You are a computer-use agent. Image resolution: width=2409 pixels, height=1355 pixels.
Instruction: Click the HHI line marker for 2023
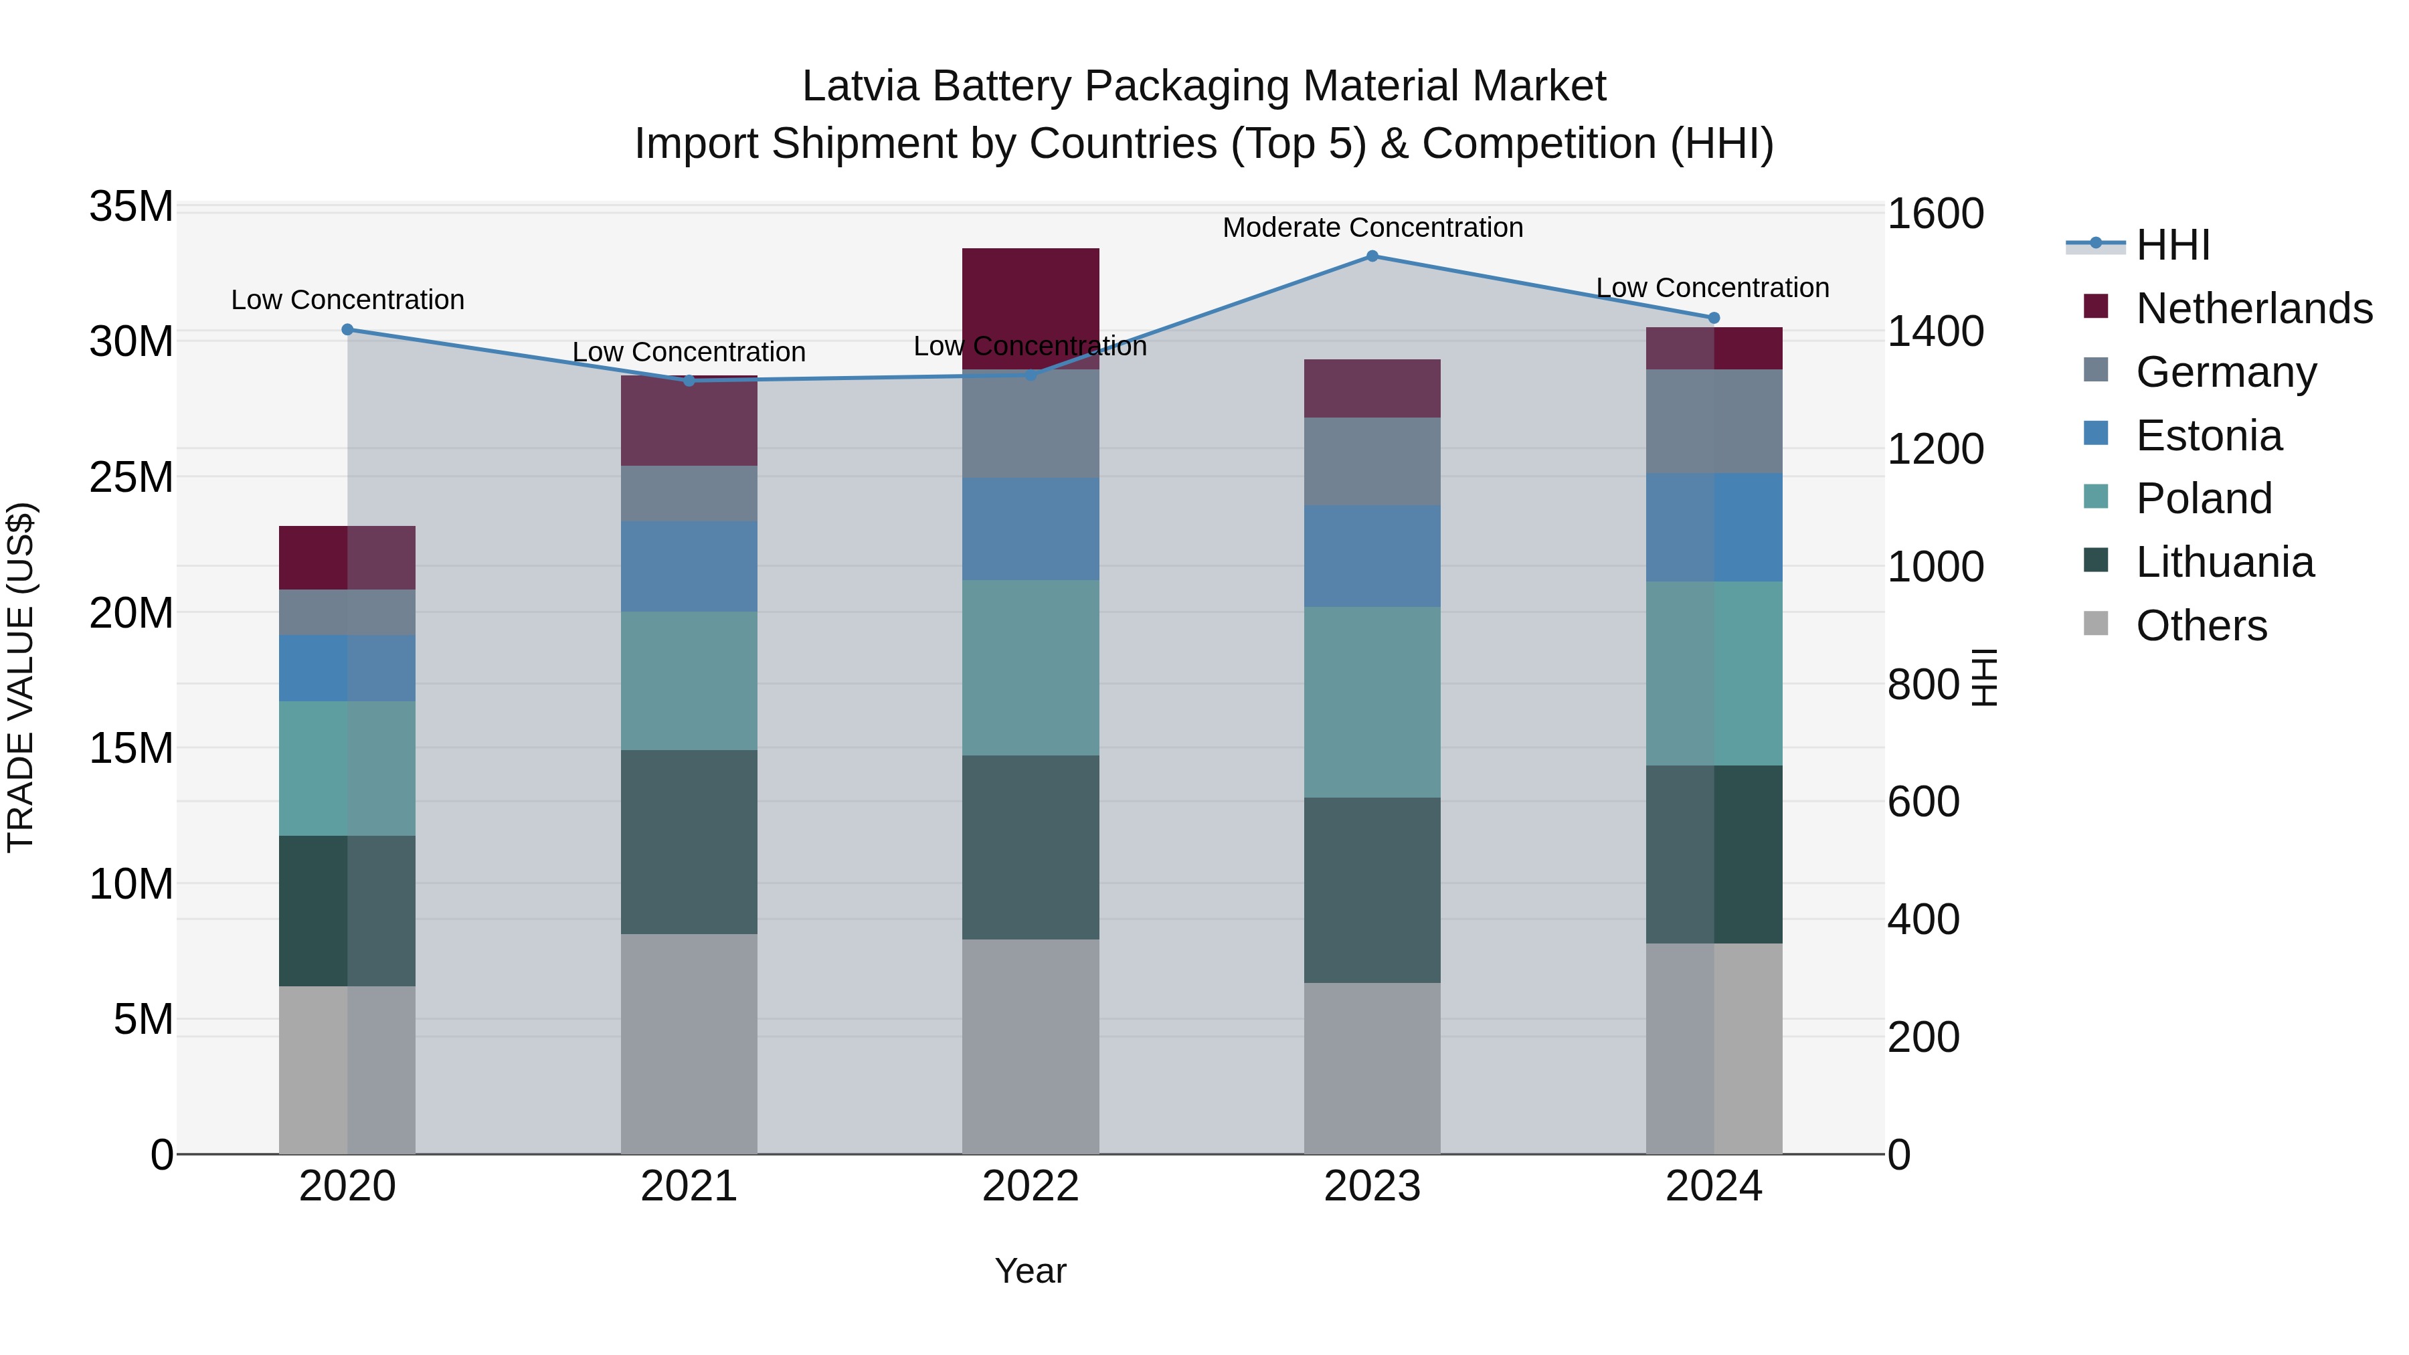[x=1372, y=256]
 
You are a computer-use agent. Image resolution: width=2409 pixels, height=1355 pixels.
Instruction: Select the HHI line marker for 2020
[x=347, y=329]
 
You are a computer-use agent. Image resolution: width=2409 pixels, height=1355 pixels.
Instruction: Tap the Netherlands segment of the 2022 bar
[x=1031, y=308]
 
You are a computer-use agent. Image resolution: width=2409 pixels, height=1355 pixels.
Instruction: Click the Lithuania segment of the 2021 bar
[x=689, y=842]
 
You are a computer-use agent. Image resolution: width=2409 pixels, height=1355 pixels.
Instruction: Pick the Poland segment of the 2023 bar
[x=1372, y=701]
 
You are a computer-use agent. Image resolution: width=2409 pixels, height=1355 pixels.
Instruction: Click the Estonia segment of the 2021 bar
[x=689, y=565]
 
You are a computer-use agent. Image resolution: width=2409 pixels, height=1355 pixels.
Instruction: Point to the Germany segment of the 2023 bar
[x=1372, y=461]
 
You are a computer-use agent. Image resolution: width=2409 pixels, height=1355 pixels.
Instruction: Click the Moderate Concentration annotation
[x=1372, y=228]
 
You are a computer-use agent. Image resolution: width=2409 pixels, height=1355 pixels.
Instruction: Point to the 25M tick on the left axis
[x=131, y=477]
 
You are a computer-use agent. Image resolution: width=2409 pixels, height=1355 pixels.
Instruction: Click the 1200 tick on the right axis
[x=1934, y=449]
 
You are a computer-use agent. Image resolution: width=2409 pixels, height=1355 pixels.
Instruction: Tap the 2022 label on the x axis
[x=1031, y=1186]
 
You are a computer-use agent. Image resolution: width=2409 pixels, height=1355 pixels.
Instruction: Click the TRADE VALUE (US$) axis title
[x=21, y=677]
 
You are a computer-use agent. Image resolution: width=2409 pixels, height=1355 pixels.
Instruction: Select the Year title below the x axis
[x=1031, y=1271]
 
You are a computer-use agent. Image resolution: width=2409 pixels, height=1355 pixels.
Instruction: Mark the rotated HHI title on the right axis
[x=1983, y=677]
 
